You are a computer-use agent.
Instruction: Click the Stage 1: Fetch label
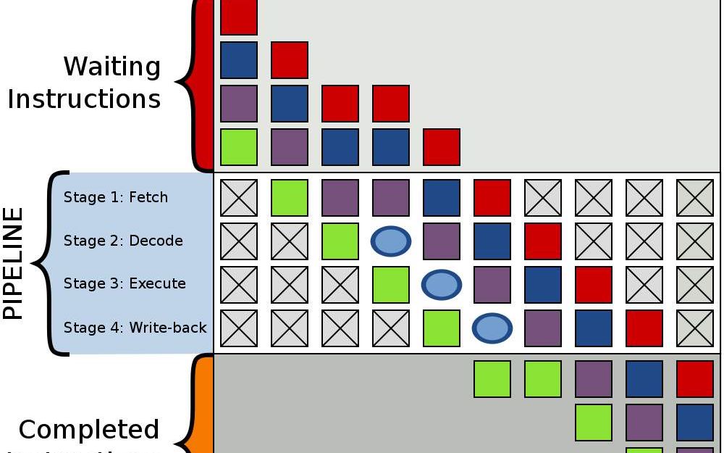[115, 197]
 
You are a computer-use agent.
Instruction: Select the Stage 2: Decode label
[123, 241]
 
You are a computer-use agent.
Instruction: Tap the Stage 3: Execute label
[125, 283]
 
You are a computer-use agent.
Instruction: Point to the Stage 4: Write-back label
[135, 328]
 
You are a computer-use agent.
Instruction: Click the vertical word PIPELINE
[14, 263]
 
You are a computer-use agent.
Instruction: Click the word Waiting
[111, 67]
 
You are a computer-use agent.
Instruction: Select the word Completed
[88, 430]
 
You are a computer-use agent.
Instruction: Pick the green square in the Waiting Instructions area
[239, 147]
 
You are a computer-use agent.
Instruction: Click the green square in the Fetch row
[290, 198]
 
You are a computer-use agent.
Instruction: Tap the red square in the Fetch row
[492, 198]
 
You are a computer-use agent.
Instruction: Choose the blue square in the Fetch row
[442, 198]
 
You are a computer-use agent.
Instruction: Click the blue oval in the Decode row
[391, 241]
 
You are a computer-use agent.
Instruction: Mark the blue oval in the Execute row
[442, 285]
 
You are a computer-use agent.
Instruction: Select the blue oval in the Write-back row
[492, 328]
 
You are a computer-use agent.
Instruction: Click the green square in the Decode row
[340, 241]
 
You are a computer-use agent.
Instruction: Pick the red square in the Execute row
[594, 285]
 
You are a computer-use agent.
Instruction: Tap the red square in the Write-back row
[644, 328]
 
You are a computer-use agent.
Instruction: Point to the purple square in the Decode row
[442, 241]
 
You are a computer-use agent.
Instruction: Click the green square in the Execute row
[391, 285]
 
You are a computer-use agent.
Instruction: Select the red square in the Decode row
[543, 241]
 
